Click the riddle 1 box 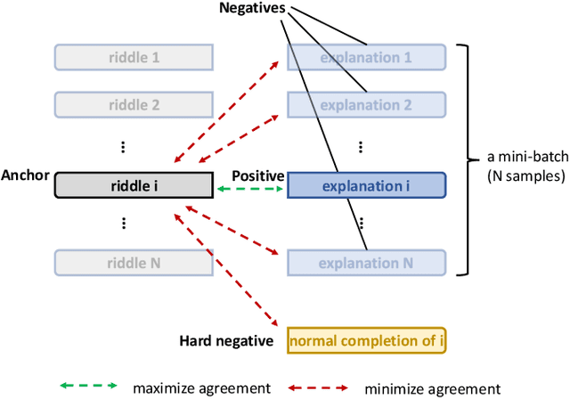tap(134, 58)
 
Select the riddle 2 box tap(134, 104)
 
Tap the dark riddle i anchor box tap(134, 185)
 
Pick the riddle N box tap(134, 263)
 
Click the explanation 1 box tap(365, 58)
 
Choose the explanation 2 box tap(365, 104)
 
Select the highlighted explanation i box tap(365, 185)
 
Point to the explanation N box tap(365, 263)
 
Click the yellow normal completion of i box tap(365, 339)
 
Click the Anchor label tap(26, 176)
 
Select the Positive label tap(257, 176)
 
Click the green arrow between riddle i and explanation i tap(249, 191)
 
